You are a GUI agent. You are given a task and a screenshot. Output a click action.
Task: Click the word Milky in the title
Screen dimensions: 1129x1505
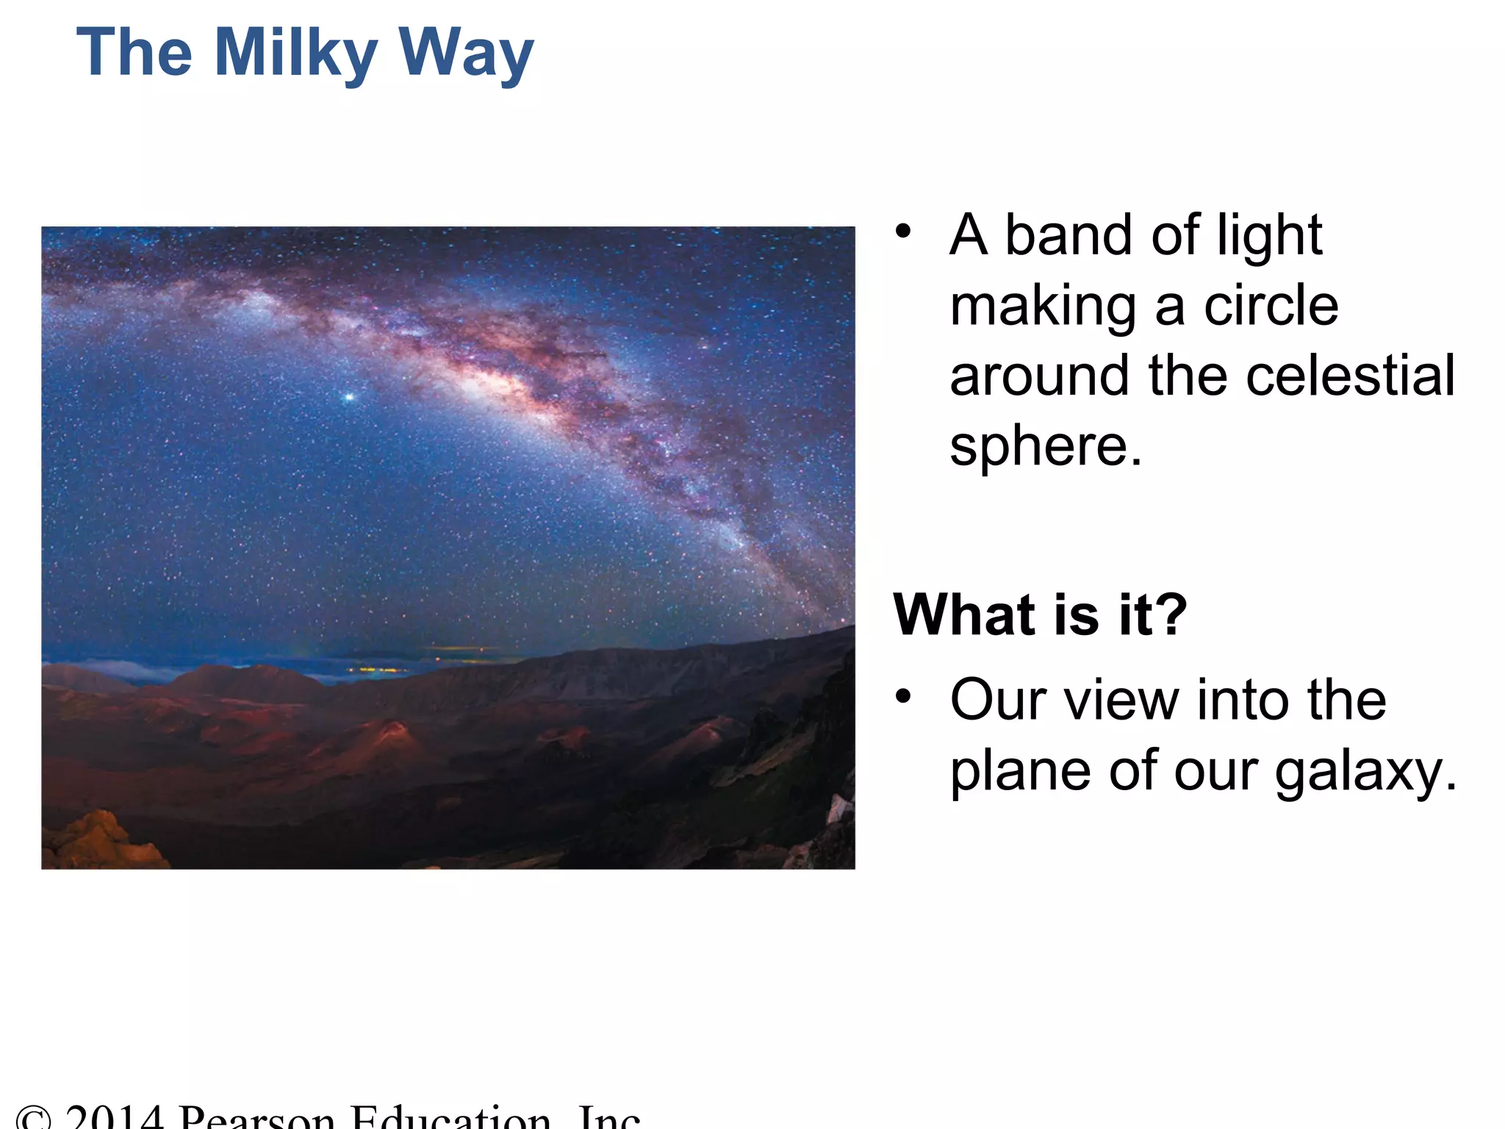[x=295, y=53]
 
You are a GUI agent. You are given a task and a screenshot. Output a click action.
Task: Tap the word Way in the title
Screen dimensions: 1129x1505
[x=466, y=53]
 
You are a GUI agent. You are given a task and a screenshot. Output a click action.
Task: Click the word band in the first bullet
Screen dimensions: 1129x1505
[x=1068, y=235]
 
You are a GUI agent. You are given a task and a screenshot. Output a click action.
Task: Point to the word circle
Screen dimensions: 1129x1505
[x=1271, y=306]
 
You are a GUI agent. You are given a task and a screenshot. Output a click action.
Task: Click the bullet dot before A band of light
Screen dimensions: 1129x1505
[x=903, y=232]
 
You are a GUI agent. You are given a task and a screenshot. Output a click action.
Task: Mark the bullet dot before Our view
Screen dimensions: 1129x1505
[x=903, y=695]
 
